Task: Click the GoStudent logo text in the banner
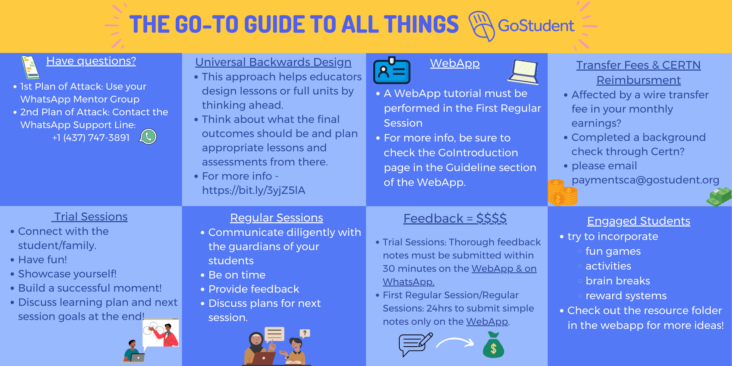[536, 26]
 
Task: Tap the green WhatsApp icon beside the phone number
[148, 137]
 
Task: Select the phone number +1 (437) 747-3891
[91, 138]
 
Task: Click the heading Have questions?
[91, 61]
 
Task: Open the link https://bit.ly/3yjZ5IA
[254, 190]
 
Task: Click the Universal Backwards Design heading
[273, 62]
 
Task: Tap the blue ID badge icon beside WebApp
[392, 70]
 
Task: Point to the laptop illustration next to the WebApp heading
[523, 72]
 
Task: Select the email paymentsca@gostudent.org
[645, 180]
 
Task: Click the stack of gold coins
[562, 193]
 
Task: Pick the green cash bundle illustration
[719, 197]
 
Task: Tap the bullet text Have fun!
[42, 260]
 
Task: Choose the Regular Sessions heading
[277, 218]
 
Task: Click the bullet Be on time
[237, 275]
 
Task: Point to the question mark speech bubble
[305, 333]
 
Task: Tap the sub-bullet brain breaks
[618, 281]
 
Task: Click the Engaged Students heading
[639, 221]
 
